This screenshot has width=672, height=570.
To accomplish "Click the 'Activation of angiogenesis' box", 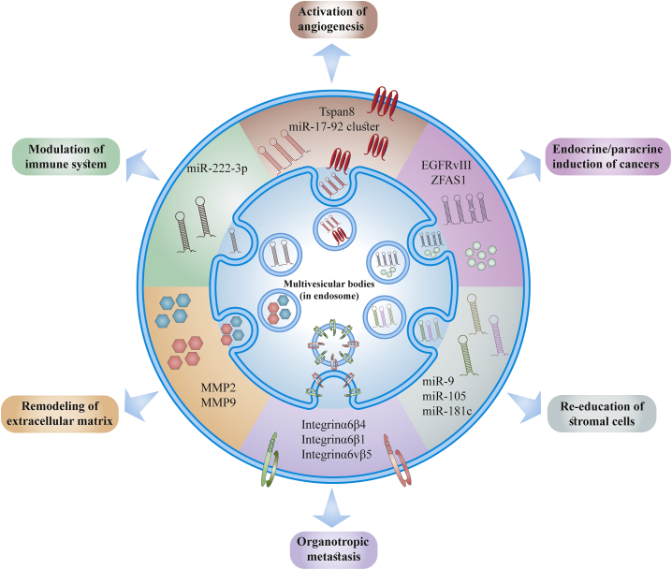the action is click(331, 20).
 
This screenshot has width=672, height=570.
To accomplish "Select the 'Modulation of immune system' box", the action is click(66, 156).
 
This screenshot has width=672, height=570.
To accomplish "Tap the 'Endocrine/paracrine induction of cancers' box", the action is click(607, 156).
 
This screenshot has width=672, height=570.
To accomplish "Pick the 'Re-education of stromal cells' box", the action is click(602, 414).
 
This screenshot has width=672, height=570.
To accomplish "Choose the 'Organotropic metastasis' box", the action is click(333, 549).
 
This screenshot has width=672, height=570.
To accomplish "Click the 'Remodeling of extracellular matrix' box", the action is click(60, 414).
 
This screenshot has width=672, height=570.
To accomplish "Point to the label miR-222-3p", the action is click(217, 168).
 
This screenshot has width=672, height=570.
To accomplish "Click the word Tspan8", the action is click(337, 112).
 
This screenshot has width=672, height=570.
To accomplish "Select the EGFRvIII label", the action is click(446, 165).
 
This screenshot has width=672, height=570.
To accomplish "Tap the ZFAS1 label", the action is click(448, 180).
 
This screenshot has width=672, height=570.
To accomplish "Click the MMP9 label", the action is click(218, 402).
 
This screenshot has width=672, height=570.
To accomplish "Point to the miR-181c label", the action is click(447, 411).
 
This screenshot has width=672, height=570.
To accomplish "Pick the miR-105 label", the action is click(444, 396).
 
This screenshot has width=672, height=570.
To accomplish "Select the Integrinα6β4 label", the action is click(333, 425).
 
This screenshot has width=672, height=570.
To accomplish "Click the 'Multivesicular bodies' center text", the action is click(329, 284).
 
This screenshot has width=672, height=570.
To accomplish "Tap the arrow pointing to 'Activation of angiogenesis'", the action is click(331, 65).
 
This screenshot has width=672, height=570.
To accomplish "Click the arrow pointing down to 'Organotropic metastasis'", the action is click(331, 508).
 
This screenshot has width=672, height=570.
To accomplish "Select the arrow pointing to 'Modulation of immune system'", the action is click(142, 166).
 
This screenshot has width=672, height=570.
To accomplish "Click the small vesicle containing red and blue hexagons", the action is click(280, 310).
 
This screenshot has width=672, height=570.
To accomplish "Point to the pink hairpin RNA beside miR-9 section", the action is click(499, 335).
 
